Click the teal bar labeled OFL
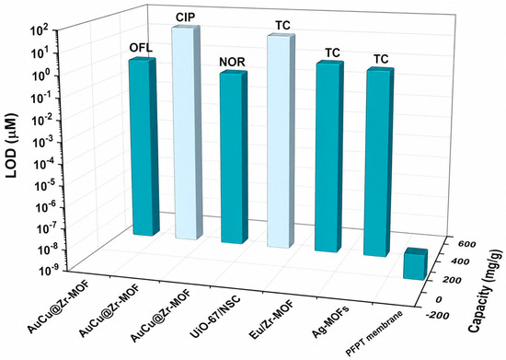144,147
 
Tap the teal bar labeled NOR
234,157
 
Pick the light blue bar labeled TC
281,141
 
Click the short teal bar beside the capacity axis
415,263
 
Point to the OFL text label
141,48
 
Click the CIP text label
185,17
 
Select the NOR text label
232,62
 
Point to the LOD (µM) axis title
12,145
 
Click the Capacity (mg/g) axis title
486,291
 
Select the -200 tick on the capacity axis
437,315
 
